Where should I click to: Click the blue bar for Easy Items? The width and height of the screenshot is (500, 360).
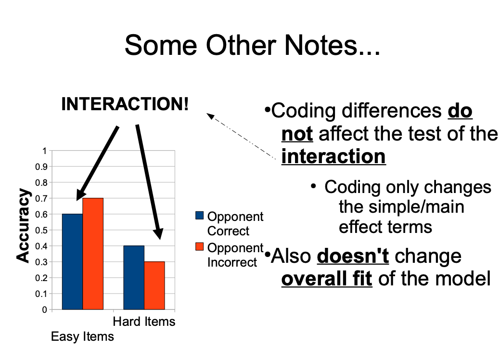[x=72, y=261]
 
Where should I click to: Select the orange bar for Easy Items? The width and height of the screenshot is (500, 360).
[x=93, y=254]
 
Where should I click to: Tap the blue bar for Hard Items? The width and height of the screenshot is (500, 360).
[x=134, y=277]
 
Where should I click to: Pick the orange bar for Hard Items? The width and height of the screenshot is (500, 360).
[x=154, y=285]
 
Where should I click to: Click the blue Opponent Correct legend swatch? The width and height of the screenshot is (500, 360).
[x=199, y=215]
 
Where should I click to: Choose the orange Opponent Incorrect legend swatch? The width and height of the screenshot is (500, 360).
[x=199, y=246]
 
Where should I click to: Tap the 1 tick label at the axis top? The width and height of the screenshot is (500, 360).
[x=45, y=151]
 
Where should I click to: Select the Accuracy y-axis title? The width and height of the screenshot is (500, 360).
[x=23, y=225]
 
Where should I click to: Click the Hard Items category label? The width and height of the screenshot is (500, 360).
[x=144, y=321]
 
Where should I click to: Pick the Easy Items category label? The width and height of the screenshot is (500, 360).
[x=82, y=336]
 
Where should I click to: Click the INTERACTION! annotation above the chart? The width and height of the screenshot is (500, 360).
[x=125, y=104]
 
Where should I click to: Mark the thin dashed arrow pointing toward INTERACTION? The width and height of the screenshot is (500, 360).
[x=241, y=136]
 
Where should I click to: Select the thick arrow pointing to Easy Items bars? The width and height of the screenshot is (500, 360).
[x=98, y=163]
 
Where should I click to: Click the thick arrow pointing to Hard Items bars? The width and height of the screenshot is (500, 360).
[x=149, y=182]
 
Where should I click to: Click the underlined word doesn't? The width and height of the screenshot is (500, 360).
[x=353, y=256]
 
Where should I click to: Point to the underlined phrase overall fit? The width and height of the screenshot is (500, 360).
[x=327, y=279]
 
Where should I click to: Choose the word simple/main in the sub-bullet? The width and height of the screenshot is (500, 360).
[x=401, y=207]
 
